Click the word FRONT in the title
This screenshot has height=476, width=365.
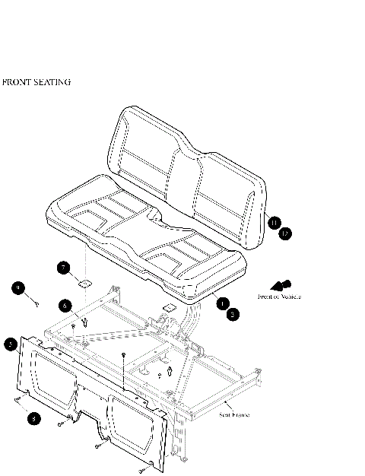coord(17,82)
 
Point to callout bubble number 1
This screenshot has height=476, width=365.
coord(222,303)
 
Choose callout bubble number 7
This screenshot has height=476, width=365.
coord(65,267)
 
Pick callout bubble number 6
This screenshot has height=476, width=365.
coord(65,306)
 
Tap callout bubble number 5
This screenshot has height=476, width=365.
coord(10,344)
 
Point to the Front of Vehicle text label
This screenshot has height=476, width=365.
coord(279,297)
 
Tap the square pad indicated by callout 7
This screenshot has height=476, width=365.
coord(84,283)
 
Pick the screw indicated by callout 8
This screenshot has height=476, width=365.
coord(17,401)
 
